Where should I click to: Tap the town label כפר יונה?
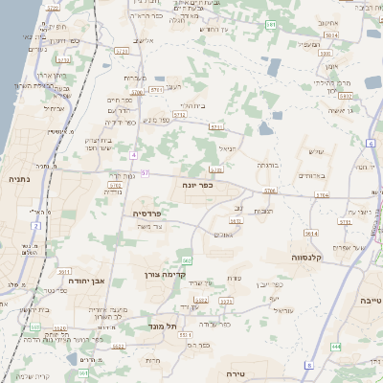click(x=201, y=186)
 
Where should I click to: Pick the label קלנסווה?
click(x=311, y=257)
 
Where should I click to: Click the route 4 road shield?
click(x=135, y=154)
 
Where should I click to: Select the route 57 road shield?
click(x=146, y=173)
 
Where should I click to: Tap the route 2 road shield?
click(x=35, y=226)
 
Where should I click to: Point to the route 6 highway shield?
click(x=370, y=143)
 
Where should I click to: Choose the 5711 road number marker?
click(x=216, y=125)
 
